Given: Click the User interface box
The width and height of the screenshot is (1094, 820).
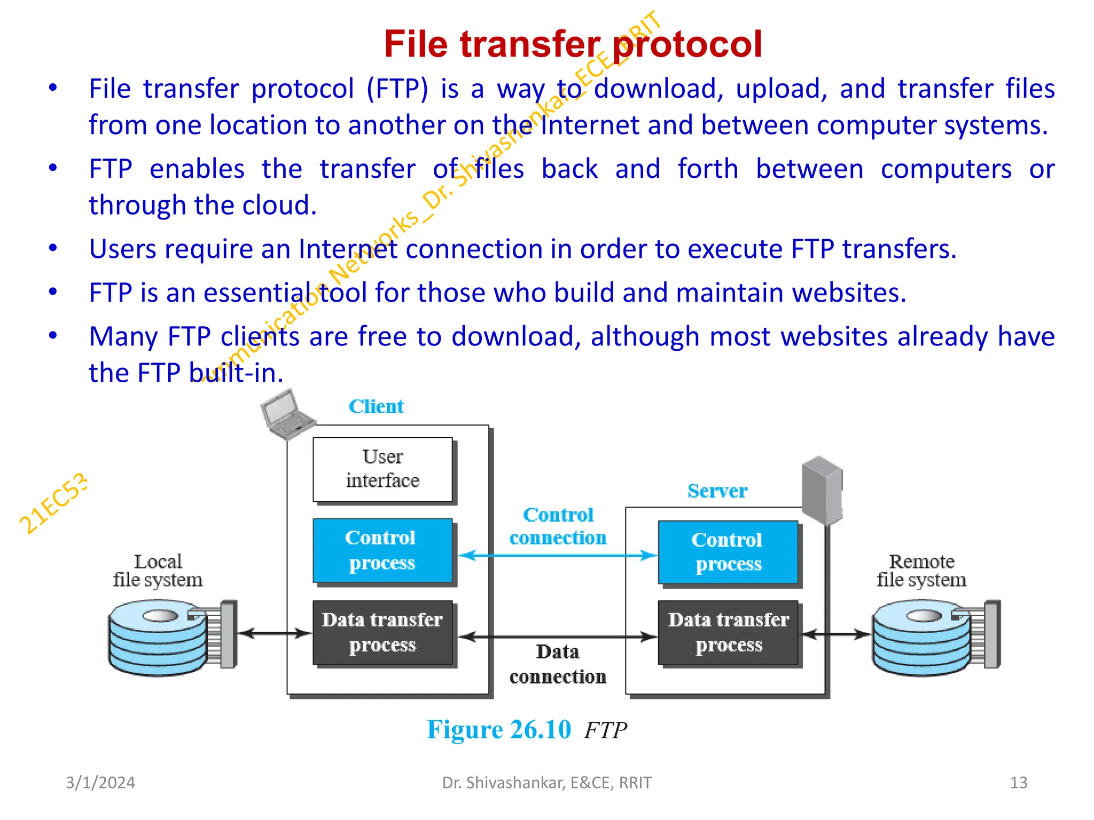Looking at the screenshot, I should tap(382, 469).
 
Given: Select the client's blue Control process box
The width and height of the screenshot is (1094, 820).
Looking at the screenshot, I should tap(382, 550).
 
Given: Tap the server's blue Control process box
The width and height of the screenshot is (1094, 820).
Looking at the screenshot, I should tap(728, 552).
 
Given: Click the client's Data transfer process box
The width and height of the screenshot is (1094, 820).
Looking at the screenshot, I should tap(382, 633).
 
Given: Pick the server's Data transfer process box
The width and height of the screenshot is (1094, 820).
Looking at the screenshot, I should tap(728, 633).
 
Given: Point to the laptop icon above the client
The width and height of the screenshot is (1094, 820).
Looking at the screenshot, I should tap(286, 414).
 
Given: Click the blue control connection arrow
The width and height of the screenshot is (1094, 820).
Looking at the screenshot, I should tap(558, 556).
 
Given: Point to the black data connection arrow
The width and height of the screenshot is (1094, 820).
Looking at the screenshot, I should tap(558, 637).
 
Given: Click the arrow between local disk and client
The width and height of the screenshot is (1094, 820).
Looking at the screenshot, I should tap(274, 634).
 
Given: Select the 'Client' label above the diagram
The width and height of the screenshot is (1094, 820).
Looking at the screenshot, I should tap(376, 407).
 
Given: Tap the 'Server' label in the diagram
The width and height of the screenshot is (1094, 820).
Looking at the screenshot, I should tap(717, 491).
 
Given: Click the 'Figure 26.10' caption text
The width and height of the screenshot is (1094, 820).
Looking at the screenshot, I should tap(498, 730).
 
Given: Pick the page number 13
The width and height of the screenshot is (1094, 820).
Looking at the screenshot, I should tap(1018, 783).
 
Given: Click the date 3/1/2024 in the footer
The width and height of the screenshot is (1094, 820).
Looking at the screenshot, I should tap(100, 783).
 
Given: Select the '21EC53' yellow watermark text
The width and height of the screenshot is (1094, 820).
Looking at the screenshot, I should tap(53, 503).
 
